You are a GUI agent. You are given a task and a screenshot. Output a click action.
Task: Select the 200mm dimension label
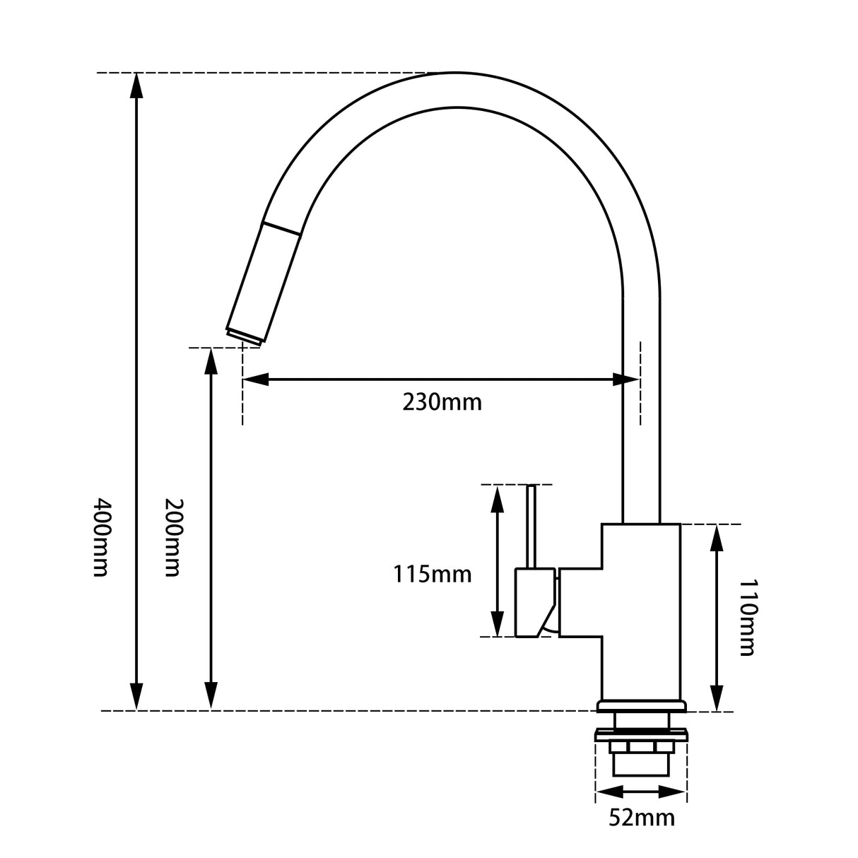[x=173, y=537]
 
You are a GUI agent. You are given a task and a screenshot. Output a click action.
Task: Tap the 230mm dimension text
[x=442, y=402]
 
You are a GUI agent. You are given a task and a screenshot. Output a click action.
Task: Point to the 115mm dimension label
[x=432, y=574]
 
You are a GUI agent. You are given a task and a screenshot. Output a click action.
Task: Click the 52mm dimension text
[x=641, y=818]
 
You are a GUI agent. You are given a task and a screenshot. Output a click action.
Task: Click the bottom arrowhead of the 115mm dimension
[x=498, y=625]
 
